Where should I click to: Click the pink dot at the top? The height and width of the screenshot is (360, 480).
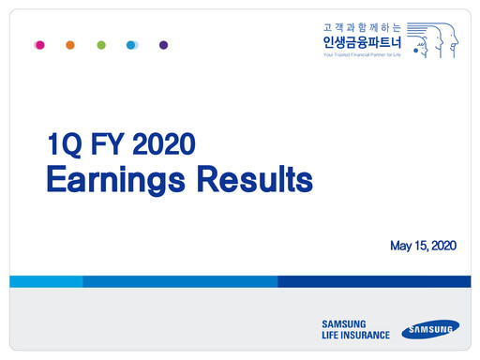click(38, 44)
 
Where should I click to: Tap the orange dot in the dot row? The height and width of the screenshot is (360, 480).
click(70, 44)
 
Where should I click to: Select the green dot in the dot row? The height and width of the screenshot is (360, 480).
click(101, 44)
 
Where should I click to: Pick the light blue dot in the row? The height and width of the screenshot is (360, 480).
click(132, 44)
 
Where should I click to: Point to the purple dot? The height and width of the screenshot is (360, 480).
click(163, 44)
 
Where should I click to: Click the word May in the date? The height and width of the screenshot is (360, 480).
click(402, 246)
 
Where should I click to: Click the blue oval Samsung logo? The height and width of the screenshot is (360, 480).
click(430, 329)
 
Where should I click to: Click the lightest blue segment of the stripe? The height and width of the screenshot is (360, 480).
click(46, 281)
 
